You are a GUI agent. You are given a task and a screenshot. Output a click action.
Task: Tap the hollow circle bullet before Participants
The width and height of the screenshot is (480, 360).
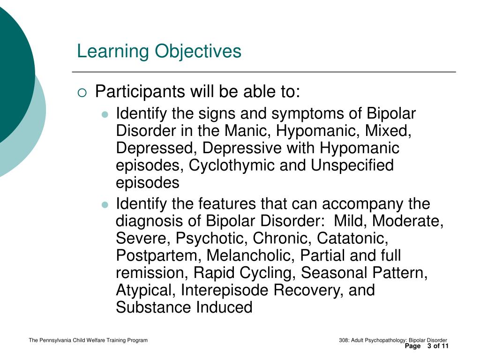coord(82,92)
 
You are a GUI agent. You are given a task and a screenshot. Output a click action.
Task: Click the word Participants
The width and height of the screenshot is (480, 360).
coord(140,92)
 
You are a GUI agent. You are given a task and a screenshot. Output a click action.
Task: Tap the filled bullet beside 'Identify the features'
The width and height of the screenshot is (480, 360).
coord(105,205)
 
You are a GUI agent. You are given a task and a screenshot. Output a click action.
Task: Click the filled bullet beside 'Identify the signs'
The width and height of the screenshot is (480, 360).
coord(105,114)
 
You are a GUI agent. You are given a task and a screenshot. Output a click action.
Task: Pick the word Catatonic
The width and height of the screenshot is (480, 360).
coord(352,238)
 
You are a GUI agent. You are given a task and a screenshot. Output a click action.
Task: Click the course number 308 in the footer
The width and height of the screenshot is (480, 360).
coord(343,340)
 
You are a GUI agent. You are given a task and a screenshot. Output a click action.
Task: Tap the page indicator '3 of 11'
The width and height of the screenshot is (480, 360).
coord(438,346)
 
